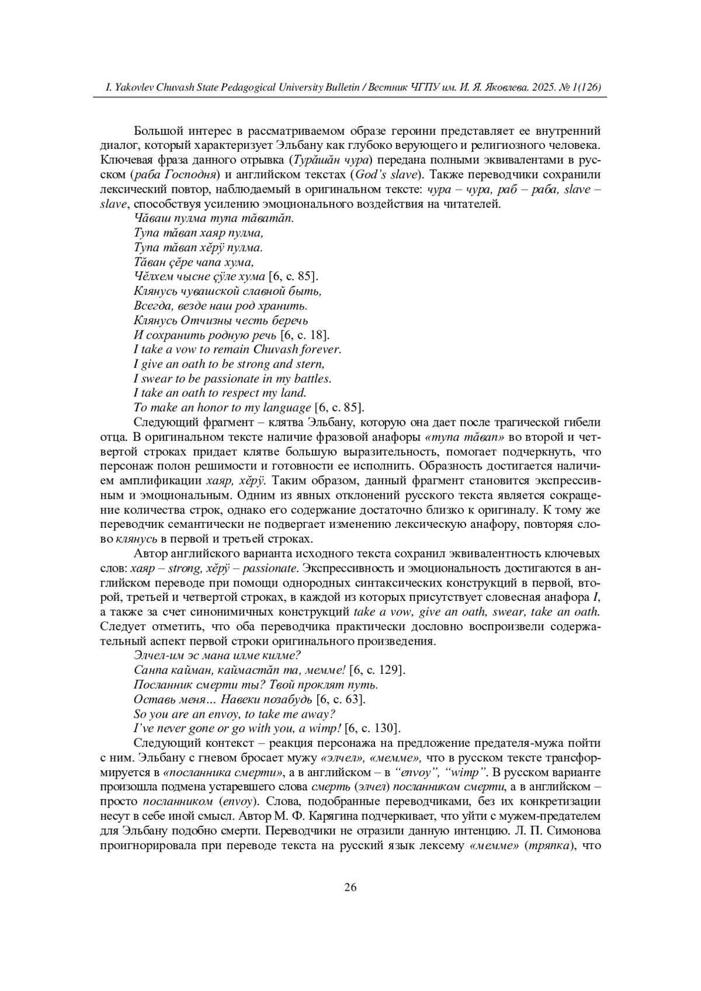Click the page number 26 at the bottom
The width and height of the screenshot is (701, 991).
[350, 887]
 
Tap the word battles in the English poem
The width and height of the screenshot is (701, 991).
[313, 378]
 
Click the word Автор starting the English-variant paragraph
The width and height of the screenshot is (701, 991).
[149, 553]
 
